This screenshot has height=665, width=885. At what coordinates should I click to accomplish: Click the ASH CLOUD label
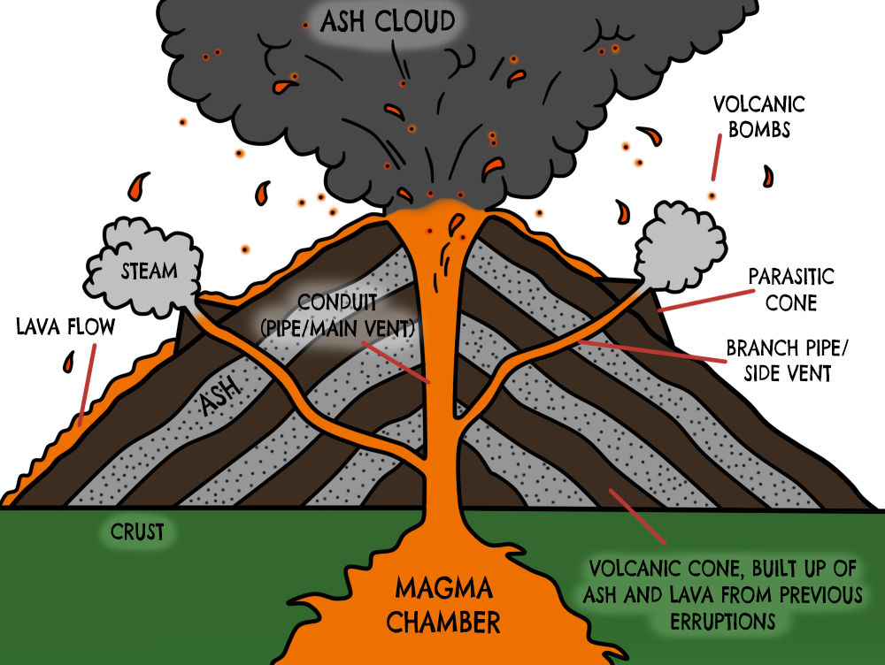[388, 21]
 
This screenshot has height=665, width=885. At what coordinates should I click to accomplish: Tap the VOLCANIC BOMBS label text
[758, 117]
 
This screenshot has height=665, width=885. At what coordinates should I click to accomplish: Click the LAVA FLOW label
[65, 327]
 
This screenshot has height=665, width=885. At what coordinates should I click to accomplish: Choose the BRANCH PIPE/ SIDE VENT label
[778, 360]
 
